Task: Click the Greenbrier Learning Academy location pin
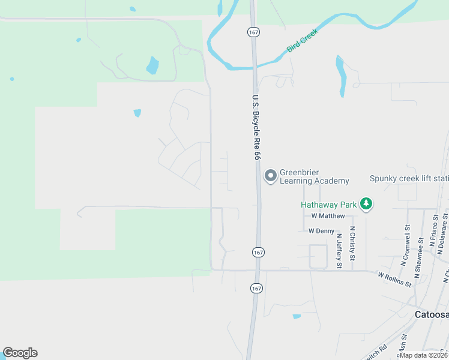(271, 175)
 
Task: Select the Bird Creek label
(302, 40)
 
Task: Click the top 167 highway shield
(253, 31)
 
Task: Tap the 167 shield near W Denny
(257, 253)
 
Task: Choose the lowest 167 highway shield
(256, 289)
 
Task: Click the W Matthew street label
(328, 216)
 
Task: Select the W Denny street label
(321, 230)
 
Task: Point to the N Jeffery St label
(339, 250)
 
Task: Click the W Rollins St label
(394, 279)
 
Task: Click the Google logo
(20, 353)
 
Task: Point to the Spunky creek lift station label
(409, 178)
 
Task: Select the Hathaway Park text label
(328, 204)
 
